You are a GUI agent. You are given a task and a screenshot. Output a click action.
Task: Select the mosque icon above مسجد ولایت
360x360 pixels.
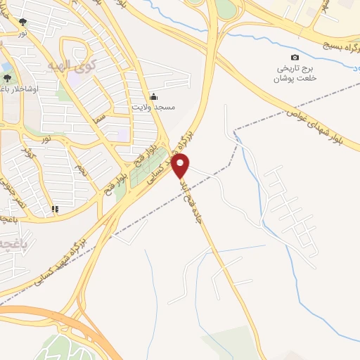point(154,96)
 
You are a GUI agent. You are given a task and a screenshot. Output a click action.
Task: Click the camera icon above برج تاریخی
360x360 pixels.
point(295,58)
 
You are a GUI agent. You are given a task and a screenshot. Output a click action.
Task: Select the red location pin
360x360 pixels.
point(181,165)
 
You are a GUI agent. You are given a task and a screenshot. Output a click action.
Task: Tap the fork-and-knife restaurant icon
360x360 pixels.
point(55,209)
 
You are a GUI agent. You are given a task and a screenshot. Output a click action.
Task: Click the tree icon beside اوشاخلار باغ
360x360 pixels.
point(7,78)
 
